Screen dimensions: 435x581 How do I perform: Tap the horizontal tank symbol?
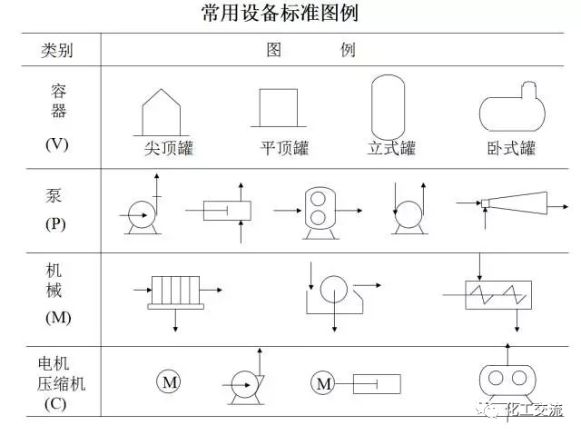(x=510, y=110)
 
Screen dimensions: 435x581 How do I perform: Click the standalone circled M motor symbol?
(x=170, y=383)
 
